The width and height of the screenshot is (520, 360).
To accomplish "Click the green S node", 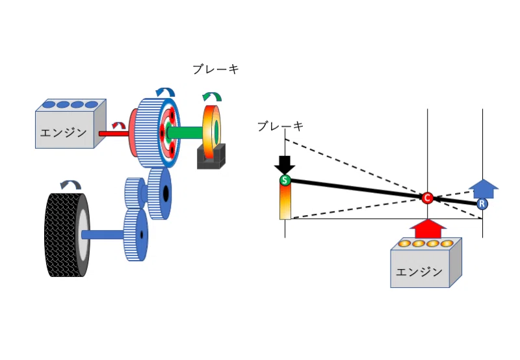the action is pos(285,181).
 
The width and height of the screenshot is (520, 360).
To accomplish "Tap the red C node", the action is pos(427,198).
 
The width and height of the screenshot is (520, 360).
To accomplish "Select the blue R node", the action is pos(482,203).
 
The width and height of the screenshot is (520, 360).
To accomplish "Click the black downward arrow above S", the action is pos(285,165).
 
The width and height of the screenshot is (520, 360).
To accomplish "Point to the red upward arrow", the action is pos(428,229).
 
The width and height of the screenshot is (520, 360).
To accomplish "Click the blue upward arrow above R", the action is pos(484,188).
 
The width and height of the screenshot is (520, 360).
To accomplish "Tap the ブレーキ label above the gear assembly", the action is pos(216,70).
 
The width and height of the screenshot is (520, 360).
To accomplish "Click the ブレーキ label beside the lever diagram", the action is pos(281,126).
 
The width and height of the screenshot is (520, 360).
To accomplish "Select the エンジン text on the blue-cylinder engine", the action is pos(63,133).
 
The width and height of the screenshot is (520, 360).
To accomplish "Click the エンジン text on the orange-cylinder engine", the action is pos(419,272).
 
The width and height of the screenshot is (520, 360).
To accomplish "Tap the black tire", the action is pos(67,235).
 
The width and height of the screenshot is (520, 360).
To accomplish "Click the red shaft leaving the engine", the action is pos(114,134).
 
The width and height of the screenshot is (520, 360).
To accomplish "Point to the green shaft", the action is pos(185,133).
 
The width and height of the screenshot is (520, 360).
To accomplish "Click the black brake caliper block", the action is pos(211,157).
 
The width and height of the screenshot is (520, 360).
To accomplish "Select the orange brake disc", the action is pos(212,133).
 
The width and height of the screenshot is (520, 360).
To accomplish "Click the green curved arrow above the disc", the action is pos(212,96).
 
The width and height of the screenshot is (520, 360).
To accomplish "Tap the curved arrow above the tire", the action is pos(71,185).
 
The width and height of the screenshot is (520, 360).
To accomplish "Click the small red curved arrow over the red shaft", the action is pos(118,125).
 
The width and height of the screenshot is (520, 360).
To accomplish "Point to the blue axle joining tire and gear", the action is pos(103,235).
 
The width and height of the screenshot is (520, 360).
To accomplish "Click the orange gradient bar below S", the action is pos(285,201).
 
